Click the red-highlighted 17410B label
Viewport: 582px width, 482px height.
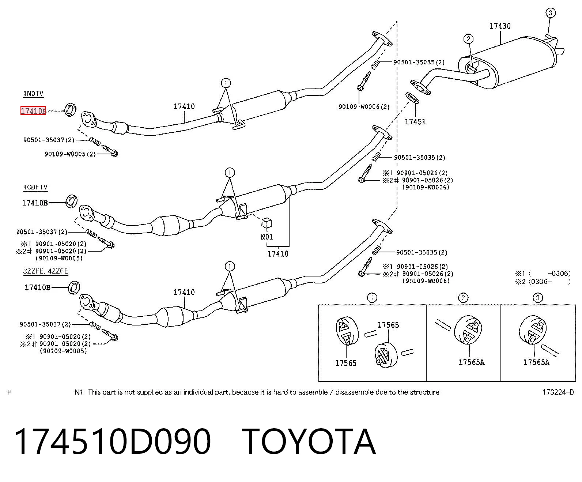point(33,111)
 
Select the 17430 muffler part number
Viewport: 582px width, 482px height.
point(500,26)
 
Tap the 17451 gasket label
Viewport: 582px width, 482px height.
point(415,122)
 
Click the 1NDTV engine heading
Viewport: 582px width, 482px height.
point(33,94)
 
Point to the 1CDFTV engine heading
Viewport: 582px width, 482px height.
point(35,187)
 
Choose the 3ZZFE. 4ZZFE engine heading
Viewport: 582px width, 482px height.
point(46,271)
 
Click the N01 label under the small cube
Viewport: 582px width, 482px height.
point(267,237)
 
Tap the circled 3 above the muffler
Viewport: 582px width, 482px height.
point(550,13)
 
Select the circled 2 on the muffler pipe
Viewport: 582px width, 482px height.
point(468,39)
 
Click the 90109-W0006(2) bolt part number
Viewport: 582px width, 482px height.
point(364,106)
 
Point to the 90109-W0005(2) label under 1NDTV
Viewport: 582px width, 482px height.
point(70,154)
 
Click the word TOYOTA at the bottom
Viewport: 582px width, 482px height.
point(309,442)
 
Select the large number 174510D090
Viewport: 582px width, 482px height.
point(112,442)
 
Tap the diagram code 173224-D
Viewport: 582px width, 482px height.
point(558,392)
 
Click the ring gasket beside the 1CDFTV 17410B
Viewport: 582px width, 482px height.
point(71,202)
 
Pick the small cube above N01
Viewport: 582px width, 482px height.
point(267,223)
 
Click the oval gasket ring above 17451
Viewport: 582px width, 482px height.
point(412,98)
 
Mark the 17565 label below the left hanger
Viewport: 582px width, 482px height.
point(345,363)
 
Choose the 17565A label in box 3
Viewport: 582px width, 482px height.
point(536,362)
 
